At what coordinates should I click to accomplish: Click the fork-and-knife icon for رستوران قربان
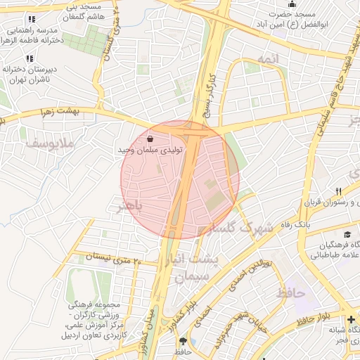(338, 191)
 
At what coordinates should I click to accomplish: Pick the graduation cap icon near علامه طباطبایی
(347, 234)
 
